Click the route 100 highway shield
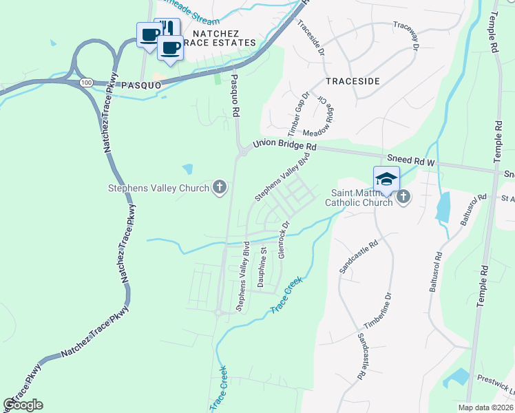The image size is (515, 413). pos(86,82)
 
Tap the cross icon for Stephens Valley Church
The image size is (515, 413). pos(220,187)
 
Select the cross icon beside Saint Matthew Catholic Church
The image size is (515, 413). pos(403,198)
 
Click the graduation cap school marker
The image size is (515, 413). pos(386,179)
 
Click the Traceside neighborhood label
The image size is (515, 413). pos(352,81)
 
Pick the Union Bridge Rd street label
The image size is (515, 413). pos(284,145)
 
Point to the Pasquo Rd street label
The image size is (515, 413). pos(235,95)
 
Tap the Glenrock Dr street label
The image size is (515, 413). pos(282,239)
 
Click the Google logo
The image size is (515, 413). pos(23,405)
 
